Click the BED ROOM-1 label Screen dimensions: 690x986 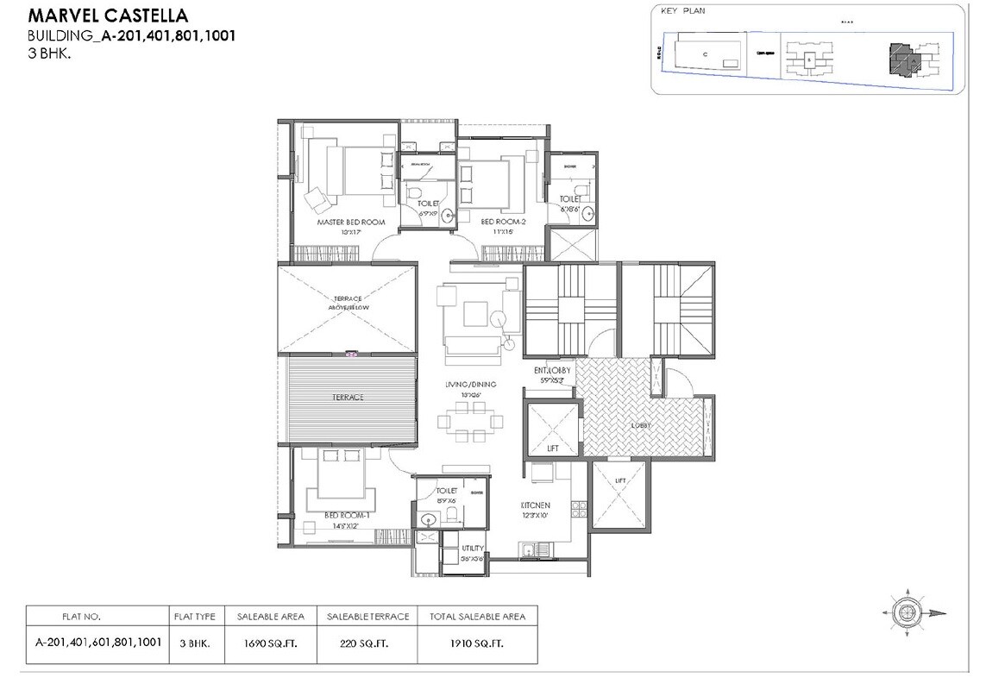[x=348, y=516]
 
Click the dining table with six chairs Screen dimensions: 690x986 [x=470, y=423]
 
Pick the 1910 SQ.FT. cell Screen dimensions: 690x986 [x=477, y=643]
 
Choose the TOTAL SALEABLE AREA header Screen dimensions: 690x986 [x=477, y=618]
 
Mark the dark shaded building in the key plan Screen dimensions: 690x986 [x=904, y=59]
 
